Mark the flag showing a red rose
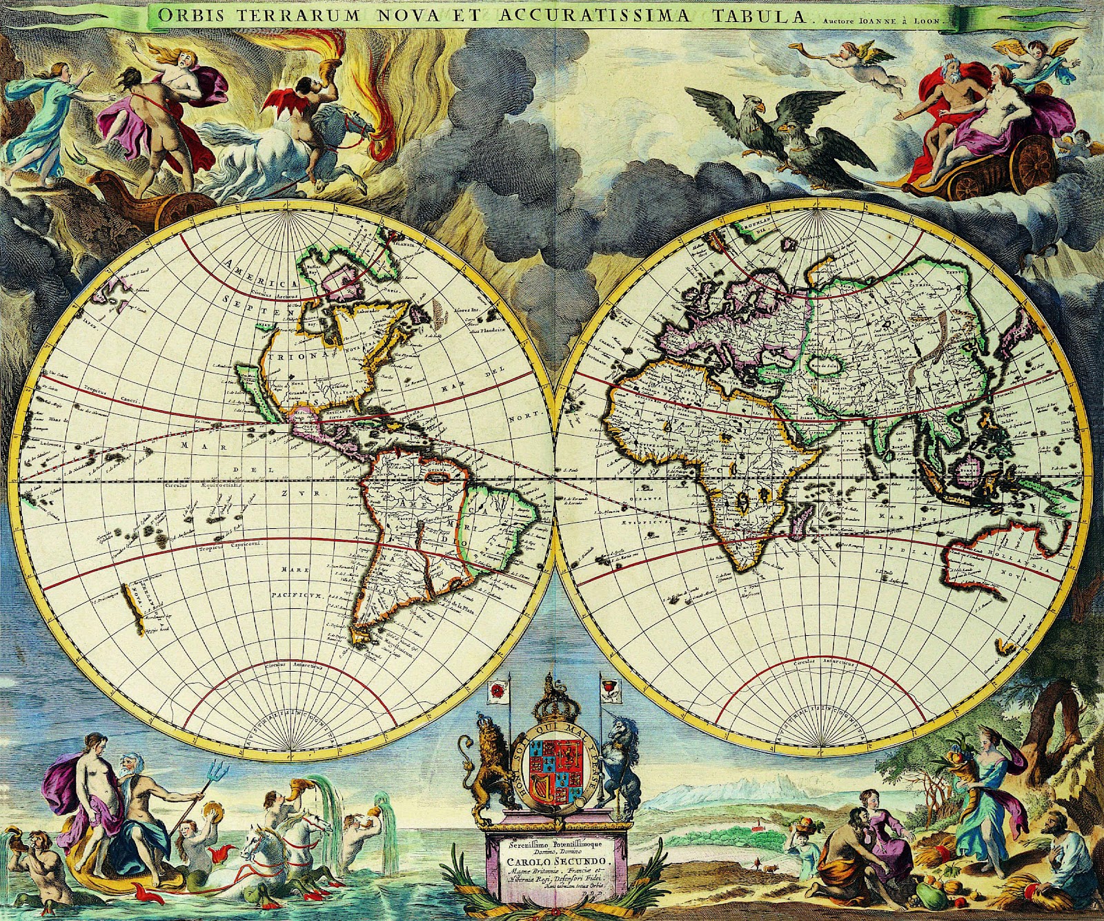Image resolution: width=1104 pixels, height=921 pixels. (494, 690)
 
